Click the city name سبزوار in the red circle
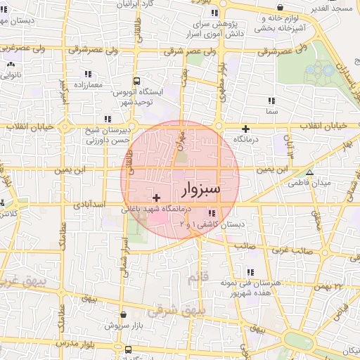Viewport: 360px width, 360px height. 201,189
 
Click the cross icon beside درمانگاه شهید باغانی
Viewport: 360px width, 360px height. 155,199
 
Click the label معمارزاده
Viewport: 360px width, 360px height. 86,84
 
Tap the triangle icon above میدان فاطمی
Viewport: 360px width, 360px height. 309,172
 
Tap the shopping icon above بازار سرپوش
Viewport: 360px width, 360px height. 124,315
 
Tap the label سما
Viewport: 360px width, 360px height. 271,112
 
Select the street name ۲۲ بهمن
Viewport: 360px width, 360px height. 327,287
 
